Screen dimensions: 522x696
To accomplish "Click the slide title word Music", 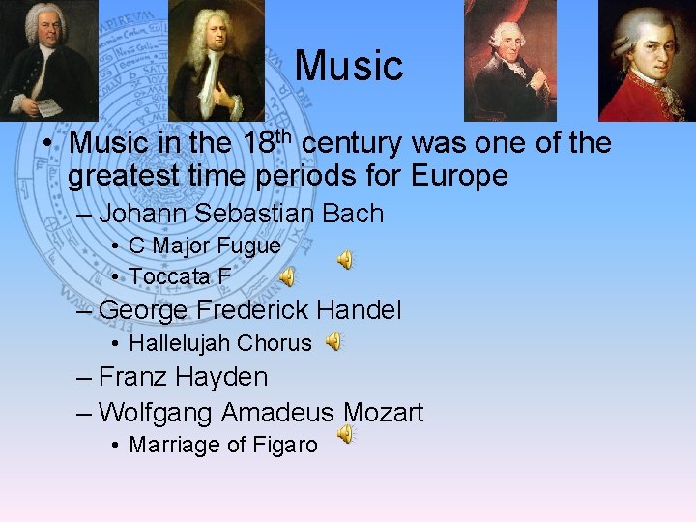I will pos(348,66).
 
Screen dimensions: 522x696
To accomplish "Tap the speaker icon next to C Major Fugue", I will pos(344,259).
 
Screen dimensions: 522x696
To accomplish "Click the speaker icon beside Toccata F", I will pos(287,277).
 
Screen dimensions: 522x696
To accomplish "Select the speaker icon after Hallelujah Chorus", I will pos(333,341).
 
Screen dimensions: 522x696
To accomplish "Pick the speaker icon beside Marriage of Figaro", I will pos(344,436).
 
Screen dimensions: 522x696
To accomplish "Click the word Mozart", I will pos(383,413).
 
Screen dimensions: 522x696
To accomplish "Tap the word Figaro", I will pos(285,446).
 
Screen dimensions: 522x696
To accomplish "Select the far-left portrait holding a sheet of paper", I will pos(48,60).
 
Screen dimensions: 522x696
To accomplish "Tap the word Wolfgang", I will pos(157,413).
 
